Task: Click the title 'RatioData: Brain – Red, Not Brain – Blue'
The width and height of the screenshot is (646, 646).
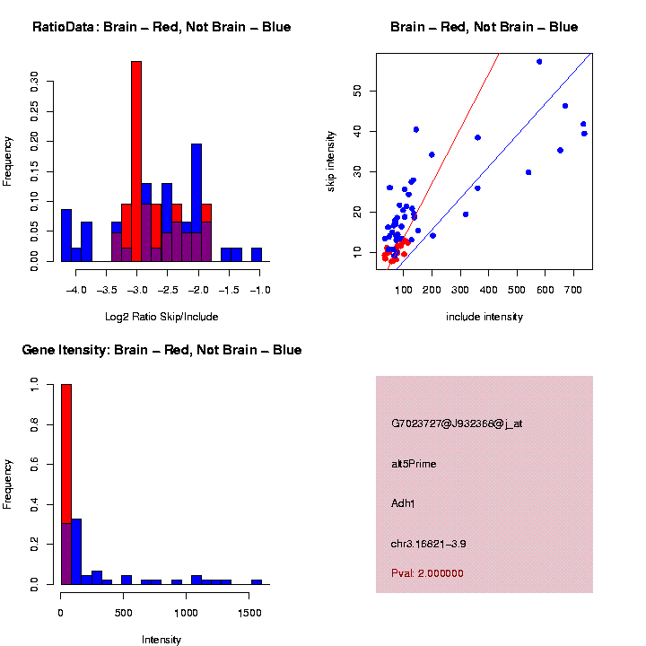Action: (161, 27)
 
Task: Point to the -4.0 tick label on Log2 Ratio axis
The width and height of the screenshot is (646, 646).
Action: (76, 291)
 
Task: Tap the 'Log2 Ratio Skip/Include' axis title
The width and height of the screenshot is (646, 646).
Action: (161, 316)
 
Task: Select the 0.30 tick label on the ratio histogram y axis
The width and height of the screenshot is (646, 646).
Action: (35, 83)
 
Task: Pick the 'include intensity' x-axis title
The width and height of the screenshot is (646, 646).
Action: (484, 316)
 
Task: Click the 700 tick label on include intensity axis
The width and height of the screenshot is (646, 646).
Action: (573, 291)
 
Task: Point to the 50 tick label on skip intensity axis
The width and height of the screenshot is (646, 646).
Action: (357, 90)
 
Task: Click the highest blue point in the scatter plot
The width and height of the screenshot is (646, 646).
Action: (539, 62)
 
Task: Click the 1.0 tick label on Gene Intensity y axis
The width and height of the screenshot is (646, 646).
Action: (35, 384)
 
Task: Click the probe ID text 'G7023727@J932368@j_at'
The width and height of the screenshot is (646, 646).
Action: (457, 423)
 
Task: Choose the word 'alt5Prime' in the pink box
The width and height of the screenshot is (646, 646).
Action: (414, 464)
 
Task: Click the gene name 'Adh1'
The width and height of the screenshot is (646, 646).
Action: (403, 502)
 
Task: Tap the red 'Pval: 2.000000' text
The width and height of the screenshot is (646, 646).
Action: (427, 573)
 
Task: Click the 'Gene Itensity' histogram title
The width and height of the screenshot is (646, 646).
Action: (161, 350)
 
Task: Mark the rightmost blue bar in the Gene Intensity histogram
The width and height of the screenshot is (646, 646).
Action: (257, 581)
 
